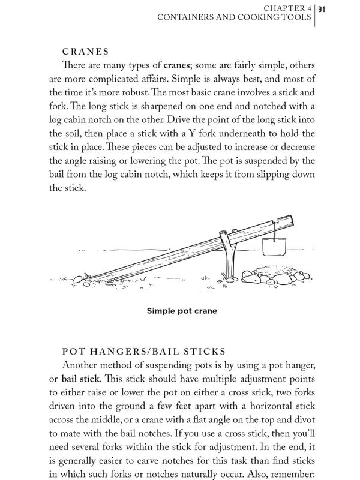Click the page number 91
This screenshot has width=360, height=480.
pyautogui.click(x=322, y=8)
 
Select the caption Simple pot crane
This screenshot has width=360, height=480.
pyautogui.click(x=181, y=311)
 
